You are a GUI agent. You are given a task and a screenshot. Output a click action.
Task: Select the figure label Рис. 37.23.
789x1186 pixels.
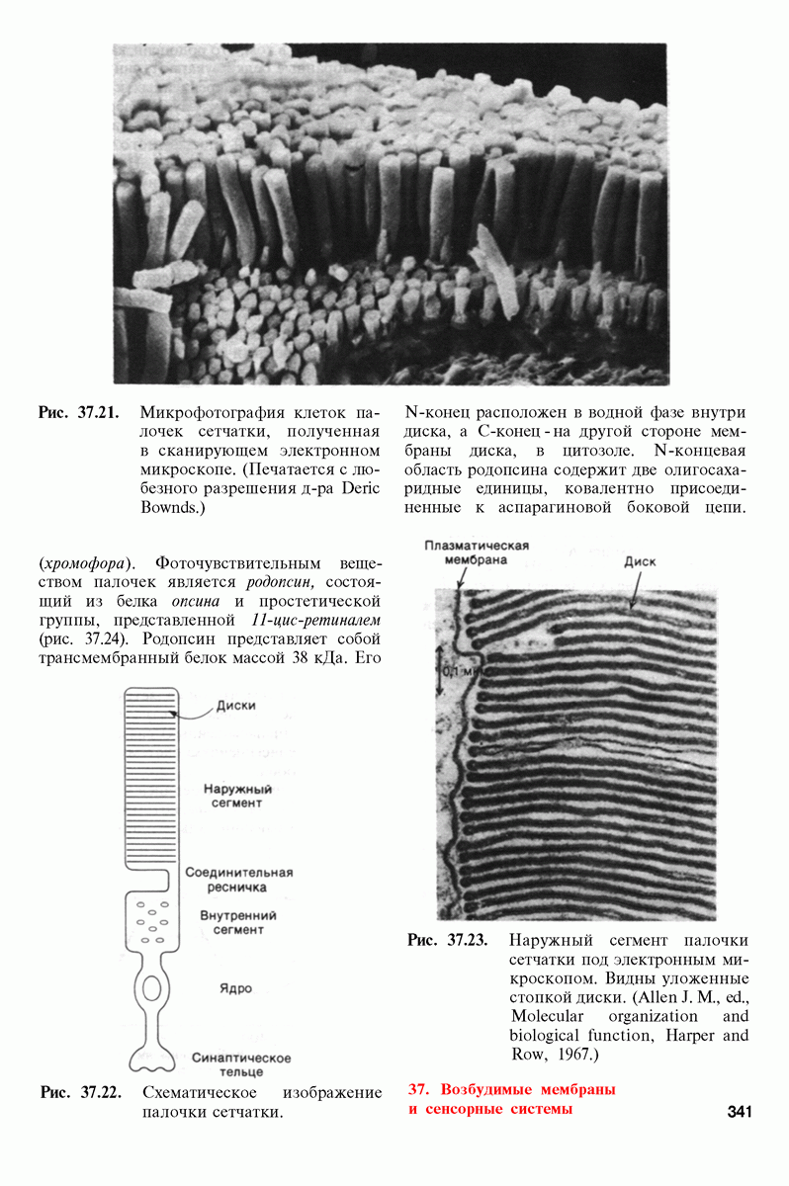448,940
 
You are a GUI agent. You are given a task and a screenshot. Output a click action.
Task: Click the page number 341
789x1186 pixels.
740,1112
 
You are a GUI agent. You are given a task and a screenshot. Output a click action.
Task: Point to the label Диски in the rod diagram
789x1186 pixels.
235,706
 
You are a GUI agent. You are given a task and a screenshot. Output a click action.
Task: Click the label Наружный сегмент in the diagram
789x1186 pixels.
237,796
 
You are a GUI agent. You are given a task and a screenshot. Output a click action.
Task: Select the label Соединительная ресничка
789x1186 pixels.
239,880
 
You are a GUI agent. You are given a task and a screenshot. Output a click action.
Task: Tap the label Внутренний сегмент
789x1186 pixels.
237,922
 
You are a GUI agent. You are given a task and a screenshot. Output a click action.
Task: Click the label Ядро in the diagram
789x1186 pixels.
229,988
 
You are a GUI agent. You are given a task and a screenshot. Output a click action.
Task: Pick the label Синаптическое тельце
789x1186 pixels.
241,1064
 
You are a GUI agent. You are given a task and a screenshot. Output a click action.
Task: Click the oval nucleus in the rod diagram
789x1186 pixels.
151,987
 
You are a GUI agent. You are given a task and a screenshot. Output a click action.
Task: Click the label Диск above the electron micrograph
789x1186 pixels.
640,561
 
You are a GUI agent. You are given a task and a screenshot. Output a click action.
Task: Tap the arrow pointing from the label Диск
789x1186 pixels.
633,589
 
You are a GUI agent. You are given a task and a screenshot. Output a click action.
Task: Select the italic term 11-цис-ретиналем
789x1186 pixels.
310,620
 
